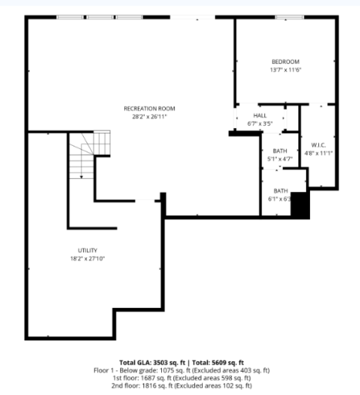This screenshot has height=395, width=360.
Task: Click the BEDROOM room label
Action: tap(285, 62)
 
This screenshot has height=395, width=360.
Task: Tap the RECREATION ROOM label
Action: tap(150, 109)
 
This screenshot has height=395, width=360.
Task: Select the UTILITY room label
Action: tap(87, 250)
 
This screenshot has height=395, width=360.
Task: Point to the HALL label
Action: tap(260, 115)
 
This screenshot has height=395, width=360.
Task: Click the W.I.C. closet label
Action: tap(319, 145)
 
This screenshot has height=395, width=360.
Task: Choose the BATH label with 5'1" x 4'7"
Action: tap(278, 150)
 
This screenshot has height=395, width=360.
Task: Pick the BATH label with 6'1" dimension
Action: tap(278, 191)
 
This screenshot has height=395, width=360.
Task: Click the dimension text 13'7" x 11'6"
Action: tap(285, 70)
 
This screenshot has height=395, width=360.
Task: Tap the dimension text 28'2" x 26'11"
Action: tap(150, 117)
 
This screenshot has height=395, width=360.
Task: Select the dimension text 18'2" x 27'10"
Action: tap(87, 258)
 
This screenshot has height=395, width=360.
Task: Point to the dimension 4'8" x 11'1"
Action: tap(319, 154)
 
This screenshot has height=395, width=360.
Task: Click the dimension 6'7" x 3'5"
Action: tap(261, 123)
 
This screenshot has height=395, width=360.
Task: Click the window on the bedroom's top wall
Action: tap(288, 16)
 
